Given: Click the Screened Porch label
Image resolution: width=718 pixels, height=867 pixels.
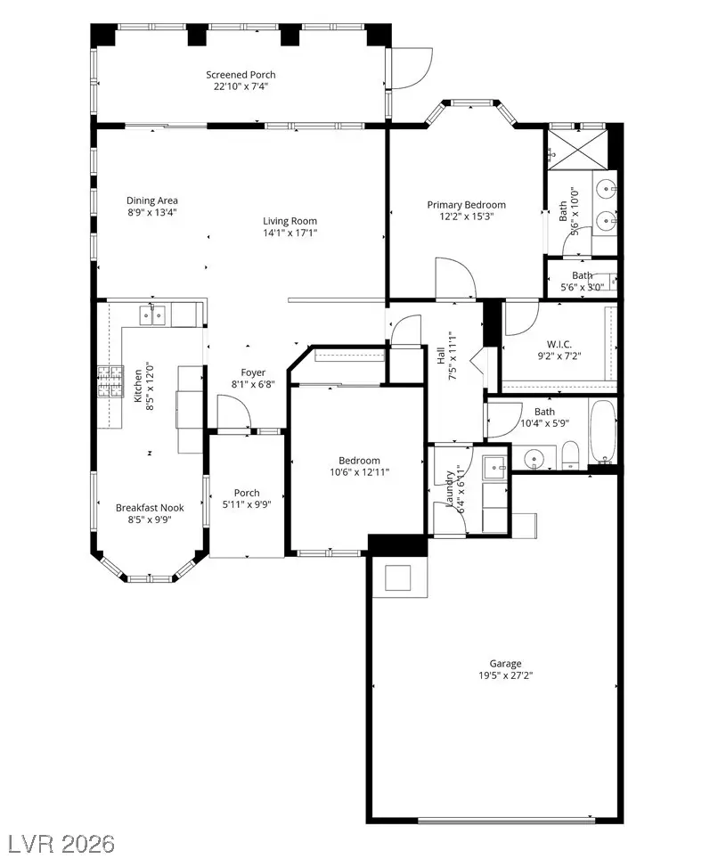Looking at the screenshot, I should (x=241, y=75).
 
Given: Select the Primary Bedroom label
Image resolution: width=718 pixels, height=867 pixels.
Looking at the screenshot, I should (x=466, y=204).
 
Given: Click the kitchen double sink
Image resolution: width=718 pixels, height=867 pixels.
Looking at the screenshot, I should (x=151, y=314).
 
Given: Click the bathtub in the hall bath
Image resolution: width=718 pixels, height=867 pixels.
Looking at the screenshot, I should (x=605, y=433).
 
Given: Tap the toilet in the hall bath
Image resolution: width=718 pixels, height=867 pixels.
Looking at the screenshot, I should (x=571, y=456).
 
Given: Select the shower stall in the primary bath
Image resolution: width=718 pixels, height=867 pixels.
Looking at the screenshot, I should (x=576, y=146).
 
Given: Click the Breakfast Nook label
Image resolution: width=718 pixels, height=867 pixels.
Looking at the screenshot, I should (x=150, y=507).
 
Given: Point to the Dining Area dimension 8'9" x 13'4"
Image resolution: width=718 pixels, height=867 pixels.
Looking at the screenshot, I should (x=151, y=213).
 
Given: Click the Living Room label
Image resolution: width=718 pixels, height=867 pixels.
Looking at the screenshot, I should (x=290, y=221).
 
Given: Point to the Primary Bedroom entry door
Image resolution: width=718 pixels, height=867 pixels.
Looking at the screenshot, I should (x=449, y=279).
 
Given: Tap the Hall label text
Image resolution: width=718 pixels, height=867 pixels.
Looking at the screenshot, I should (x=440, y=355).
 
